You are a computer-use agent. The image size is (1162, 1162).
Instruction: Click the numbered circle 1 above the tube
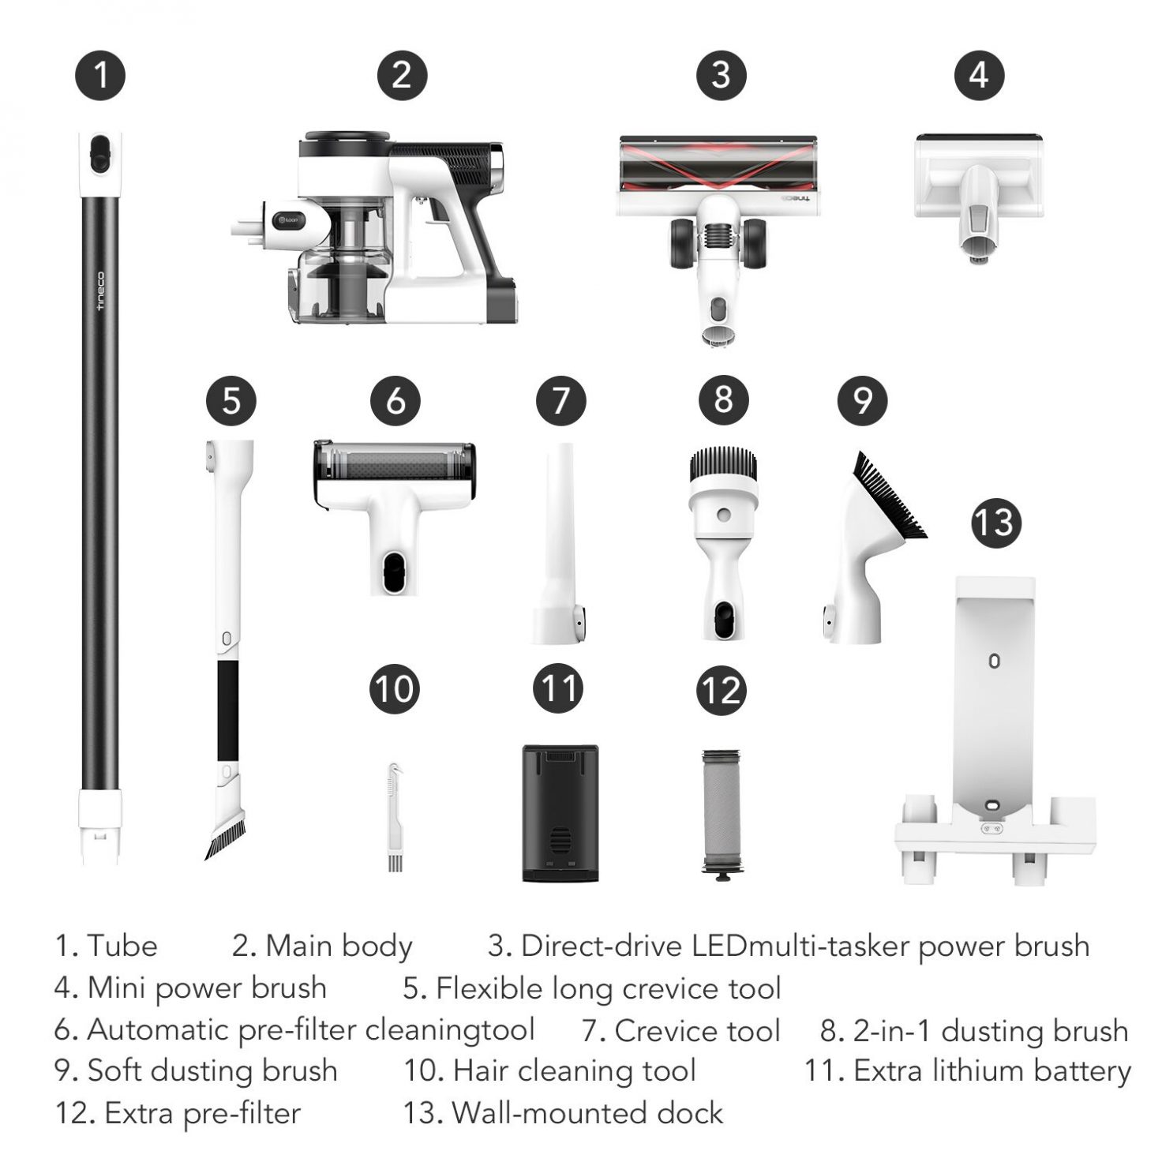click(100, 75)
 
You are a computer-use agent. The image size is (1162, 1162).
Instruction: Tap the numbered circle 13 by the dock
click(995, 523)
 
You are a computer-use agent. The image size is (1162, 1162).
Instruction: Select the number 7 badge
click(560, 400)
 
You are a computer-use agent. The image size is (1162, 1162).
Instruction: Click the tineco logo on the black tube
click(100, 290)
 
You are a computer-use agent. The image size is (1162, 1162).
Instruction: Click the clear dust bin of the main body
click(341, 259)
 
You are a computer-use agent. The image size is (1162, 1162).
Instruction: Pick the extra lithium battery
click(560, 813)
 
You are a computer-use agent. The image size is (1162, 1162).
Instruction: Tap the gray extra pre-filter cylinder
click(722, 813)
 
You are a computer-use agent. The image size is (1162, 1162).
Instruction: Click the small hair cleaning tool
click(394, 816)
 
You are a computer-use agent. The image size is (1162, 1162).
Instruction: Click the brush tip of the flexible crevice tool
click(225, 836)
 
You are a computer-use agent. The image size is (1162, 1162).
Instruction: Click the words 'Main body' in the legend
click(339, 946)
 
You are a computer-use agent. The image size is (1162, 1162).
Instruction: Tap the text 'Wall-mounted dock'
click(588, 1112)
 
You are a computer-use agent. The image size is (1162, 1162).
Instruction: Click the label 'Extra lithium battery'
click(992, 1071)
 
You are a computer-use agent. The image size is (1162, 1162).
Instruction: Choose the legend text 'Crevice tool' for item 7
click(698, 1030)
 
